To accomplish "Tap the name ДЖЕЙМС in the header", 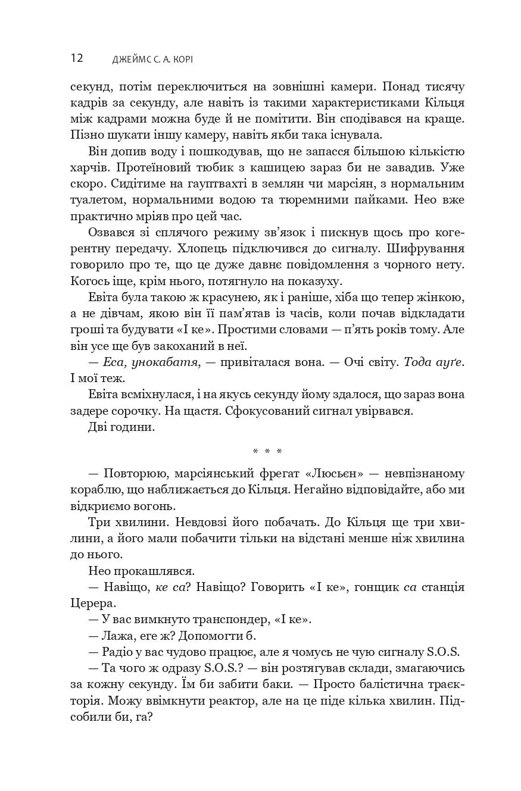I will pyautogui.click(x=130, y=59).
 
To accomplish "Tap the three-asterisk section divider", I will pyautogui.click(x=267, y=452).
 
